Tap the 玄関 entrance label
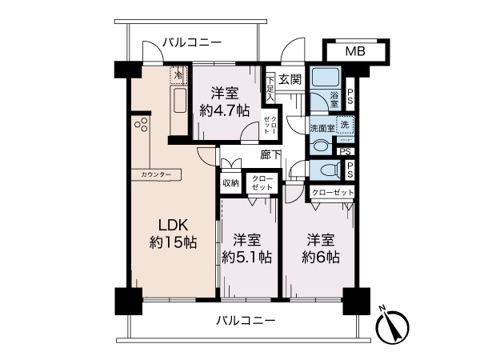tap(290, 79)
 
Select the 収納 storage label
tap(230, 182)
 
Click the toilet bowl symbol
tap(327, 170)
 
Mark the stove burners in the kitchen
tap(142, 124)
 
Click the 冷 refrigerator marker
tap(178, 74)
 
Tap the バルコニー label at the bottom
tap(246, 321)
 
